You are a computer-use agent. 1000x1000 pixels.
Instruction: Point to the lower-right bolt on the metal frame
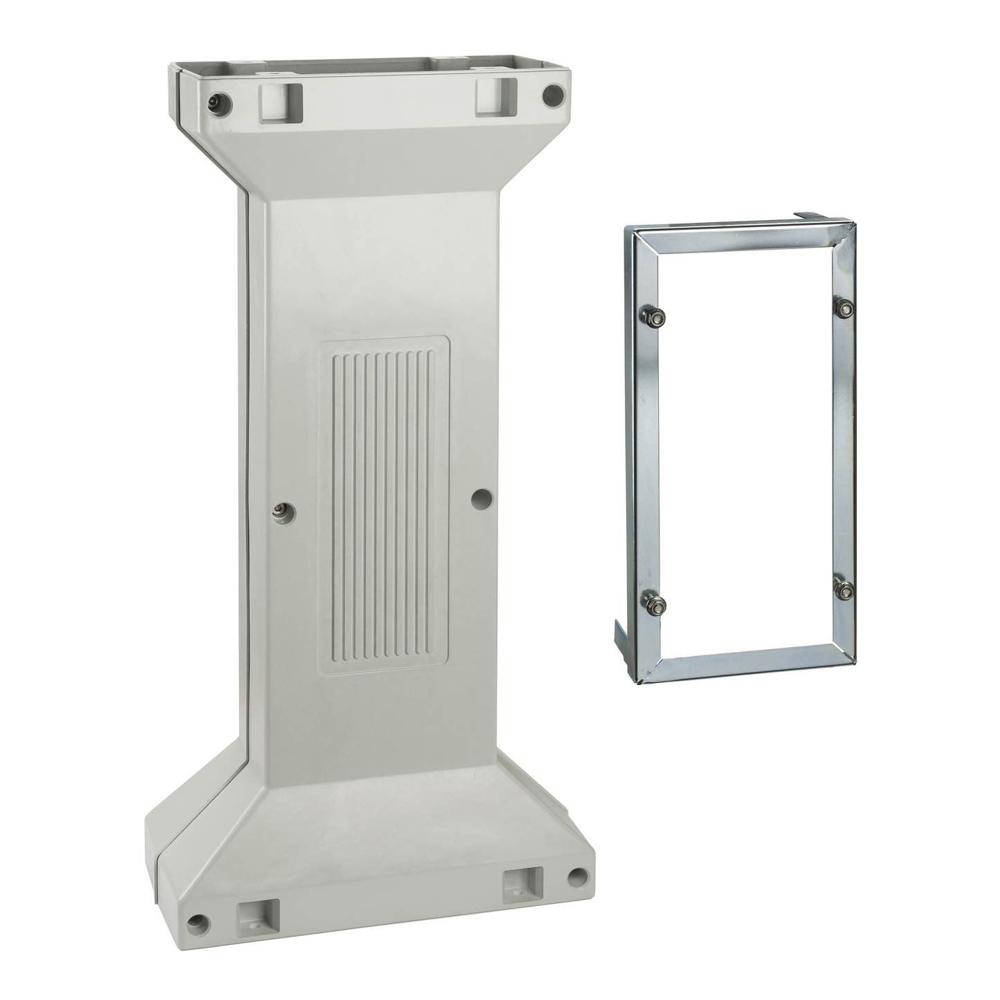[844, 590]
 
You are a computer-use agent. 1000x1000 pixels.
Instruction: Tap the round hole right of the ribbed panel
[482, 497]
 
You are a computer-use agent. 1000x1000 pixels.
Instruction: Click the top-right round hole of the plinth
[554, 96]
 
